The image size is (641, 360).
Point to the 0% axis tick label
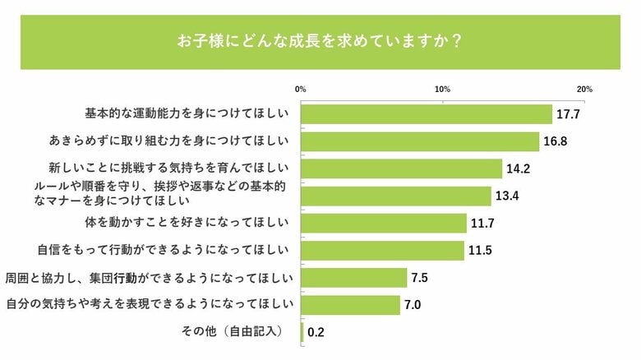(x=301, y=89)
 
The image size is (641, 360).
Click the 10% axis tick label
(x=443, y=89)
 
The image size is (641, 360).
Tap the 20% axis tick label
(x=585, y=89)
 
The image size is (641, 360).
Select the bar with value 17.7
(x=427, y=114)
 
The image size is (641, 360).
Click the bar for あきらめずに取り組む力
(x=421, y=141)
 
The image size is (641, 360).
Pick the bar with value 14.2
(x=402, y=168)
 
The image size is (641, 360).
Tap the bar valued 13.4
(x=396, y=196)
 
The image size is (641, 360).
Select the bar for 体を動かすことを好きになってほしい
(x=385, y=223)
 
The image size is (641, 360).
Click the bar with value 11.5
(x=383, y=250)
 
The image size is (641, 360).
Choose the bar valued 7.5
(x=355, y=277)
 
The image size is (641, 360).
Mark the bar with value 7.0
(x=351, y=304)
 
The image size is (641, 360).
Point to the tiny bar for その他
(x=303, y=331)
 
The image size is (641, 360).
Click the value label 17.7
(x=568, y=114)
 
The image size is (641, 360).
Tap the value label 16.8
(x=556, y=141)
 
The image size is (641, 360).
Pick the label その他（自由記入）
(x=234, y=331)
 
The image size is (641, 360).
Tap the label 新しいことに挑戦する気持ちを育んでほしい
(x=168, y=168)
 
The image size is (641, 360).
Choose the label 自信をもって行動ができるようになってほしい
(x=164, y=250)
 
